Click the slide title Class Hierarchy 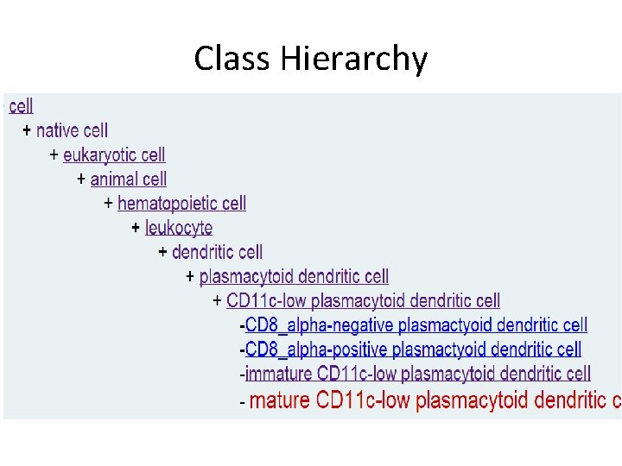[310, 59]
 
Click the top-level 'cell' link [21, 106]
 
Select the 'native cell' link [72, 130]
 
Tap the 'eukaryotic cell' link [114, 154]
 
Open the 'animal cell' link [129, 179]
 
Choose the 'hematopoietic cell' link [181, 203]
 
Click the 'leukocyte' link [179, 228]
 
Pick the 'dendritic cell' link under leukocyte [217, 252]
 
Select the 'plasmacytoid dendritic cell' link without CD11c [294, 276]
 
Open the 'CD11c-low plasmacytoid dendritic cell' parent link [363, 300]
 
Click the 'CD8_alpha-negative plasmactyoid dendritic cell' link [416, 325]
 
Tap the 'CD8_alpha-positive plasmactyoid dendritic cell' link [413, 349]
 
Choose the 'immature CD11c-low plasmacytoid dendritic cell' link [418, 374]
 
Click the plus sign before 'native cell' [27, 131]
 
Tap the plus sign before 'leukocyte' [136, 228]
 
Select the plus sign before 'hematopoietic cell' [108, 204]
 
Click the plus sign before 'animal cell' [81, 179]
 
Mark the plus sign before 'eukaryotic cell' [54, 155]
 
